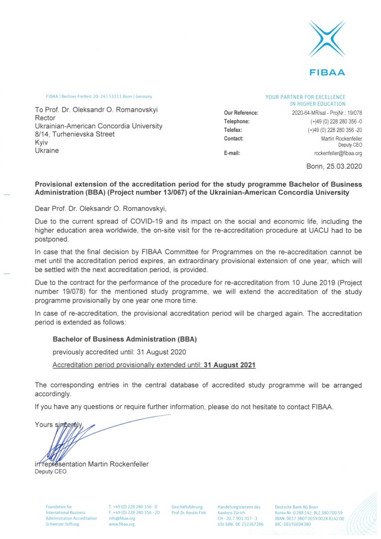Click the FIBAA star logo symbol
327,39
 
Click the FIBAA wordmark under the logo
327,72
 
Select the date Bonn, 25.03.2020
334,166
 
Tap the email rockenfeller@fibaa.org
338,153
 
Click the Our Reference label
241,113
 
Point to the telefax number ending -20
335,130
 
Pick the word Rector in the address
45,118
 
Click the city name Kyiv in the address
41,142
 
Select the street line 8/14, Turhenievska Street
75,134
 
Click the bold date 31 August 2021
229,365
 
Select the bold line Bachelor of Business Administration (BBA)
125,339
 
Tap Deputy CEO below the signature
50,472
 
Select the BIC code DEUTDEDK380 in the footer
293,525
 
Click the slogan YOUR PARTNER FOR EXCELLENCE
305,97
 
